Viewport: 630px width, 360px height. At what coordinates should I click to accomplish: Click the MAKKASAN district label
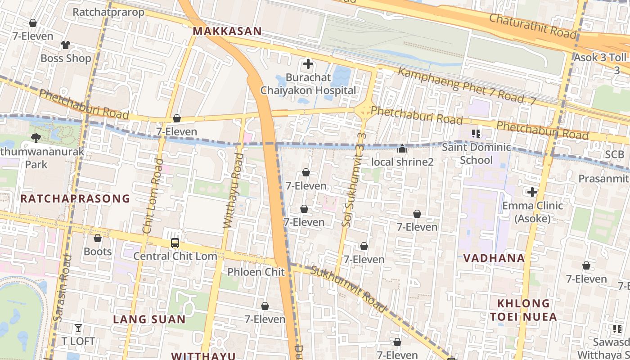pos(227,31)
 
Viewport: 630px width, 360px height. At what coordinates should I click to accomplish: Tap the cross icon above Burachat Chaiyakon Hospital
pos(308,64)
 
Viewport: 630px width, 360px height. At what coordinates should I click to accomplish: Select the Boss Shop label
pos(66,58)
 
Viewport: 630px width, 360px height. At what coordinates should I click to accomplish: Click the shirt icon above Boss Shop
pos(66,45)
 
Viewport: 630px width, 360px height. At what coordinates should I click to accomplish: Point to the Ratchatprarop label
pos(108,12)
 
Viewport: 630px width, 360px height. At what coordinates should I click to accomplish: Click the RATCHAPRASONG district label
pos(75,198)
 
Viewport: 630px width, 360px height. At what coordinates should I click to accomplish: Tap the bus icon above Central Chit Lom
pos(175,243)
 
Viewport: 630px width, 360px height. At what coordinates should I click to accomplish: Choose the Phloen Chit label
pos(256,272)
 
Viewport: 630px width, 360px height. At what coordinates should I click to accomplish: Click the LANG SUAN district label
pos(149,319)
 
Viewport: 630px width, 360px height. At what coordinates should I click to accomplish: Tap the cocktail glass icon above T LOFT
pos(78,328)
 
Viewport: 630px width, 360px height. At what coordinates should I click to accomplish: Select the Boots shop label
pos(98,251)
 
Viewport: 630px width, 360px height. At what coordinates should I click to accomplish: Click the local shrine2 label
pos(402,162)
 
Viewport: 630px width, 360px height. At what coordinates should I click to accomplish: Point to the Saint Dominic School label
pos(477,153)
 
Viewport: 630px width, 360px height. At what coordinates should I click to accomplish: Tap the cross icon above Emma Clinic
pos(532,193)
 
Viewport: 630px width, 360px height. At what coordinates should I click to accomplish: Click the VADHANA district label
pos(494,258)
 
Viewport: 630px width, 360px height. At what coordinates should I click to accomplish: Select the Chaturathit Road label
pos(532,26)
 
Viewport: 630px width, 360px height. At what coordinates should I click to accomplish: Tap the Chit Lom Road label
pos(153,196)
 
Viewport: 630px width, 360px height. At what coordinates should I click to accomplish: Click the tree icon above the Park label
pos(36,138)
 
